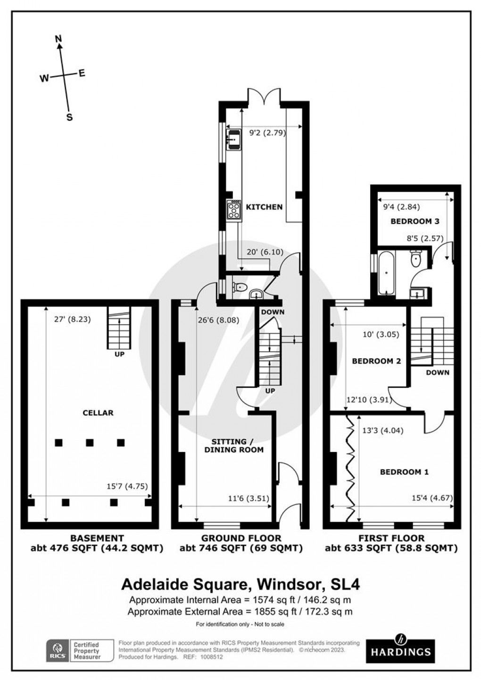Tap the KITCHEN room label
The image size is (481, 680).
(265, 207)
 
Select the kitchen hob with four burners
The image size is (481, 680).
(233, 210)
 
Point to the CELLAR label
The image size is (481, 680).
(98, 412)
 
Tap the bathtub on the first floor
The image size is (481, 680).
(386, 273)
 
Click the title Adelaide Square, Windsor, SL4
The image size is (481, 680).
(240, 584)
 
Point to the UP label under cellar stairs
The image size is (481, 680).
(119, 353)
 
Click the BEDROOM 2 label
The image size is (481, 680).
(376, 361)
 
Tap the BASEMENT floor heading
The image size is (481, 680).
(97, 537)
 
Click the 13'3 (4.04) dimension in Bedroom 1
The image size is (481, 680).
(382, 430)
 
